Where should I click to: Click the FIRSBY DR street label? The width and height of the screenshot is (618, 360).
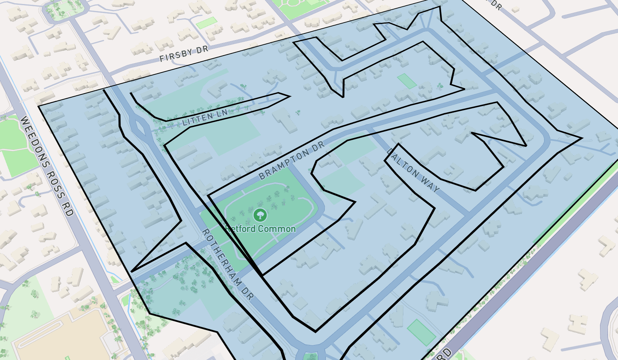(184, 54)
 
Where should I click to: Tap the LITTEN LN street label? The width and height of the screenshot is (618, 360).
(205, 117)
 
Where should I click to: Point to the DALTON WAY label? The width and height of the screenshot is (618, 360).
(413, 170)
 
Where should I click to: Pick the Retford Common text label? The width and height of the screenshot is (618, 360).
(260, 229)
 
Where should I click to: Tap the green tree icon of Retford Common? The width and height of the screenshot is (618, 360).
(260, 215)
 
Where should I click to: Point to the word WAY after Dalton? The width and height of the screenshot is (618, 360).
(430, 184)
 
